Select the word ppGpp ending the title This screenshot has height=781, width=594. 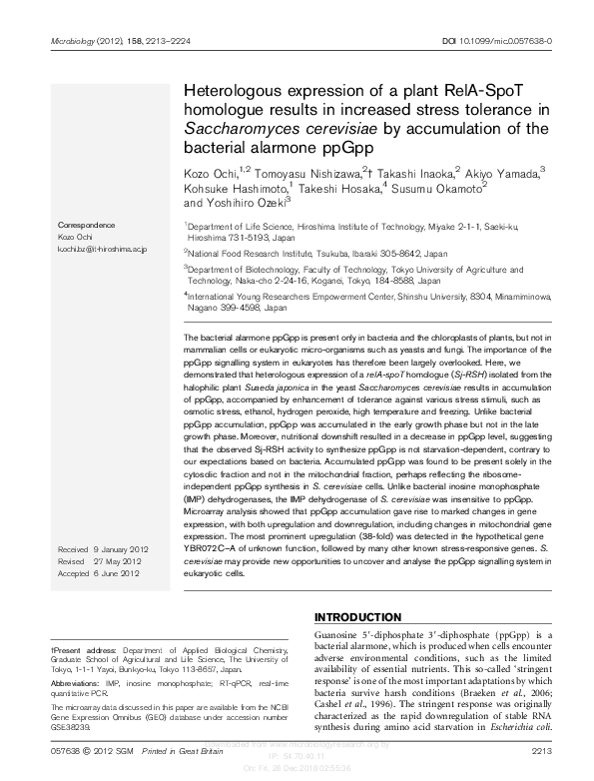coord(355,149)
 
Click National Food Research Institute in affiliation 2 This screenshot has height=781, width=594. coord(248,255)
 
